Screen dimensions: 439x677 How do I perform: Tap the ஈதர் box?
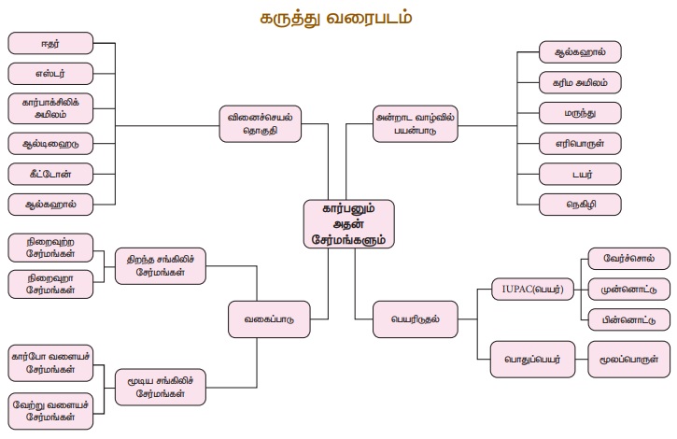[51, 44]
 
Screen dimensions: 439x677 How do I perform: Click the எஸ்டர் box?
[51, 73]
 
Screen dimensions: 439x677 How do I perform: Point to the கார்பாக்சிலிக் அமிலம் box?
[51, 108]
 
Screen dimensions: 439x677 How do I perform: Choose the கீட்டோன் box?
[51, 174]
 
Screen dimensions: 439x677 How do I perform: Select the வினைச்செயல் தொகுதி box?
[264, 125]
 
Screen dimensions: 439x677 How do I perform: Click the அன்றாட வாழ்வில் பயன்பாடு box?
[416, 125]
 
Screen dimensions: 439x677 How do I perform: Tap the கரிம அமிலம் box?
[580, 83]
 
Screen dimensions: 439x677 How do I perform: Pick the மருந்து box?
[580, 114]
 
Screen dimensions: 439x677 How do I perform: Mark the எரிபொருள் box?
[580, 144]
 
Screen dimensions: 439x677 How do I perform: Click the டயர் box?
[580, 174]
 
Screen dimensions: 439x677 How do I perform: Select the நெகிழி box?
[580, 204]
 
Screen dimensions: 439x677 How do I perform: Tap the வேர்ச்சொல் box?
[624, 260]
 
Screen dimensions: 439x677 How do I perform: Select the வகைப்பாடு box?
[270, 319]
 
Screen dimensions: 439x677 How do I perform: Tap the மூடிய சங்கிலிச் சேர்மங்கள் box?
[162, 383]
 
